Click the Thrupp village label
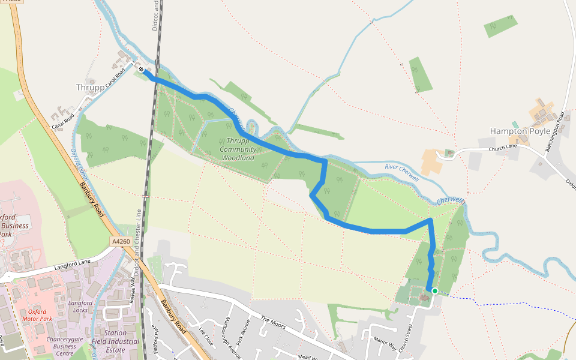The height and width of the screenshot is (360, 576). pos(90,88)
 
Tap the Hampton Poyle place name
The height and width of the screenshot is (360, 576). pos(520,131)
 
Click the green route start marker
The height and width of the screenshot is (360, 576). pos(434,290)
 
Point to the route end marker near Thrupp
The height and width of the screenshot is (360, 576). pos(142,70)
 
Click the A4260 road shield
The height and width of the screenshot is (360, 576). pos(121,241)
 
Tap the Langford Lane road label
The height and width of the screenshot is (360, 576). pos(72,262)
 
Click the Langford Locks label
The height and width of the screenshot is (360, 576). pos(80,306)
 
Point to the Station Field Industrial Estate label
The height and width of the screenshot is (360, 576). pos(115,341)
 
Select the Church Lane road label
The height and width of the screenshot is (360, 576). pos(502,149)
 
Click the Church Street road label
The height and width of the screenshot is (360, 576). pos(409,334)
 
